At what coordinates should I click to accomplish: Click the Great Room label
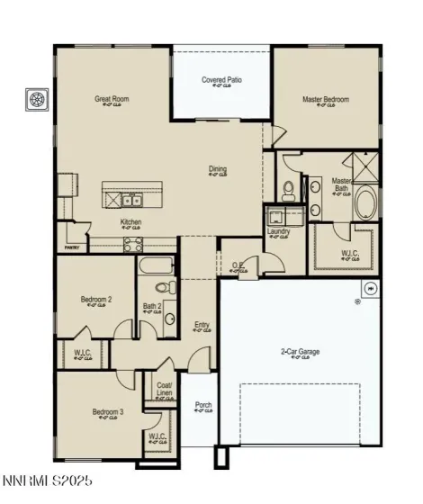[x=112, y=99]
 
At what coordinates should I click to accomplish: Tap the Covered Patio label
[x=221, y=80]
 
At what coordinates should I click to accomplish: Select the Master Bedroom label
[x=326, y=99]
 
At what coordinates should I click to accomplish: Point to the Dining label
[x=218, y=168]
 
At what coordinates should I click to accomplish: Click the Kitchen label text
[x=131, y=222]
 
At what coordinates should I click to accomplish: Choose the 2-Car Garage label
[x=301, y=352]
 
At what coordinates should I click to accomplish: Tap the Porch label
[x=204, y=406]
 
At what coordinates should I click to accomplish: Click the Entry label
[x=202, y=325]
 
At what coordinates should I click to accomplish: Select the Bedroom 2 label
[x=96, y=300]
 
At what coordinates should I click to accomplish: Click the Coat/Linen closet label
[x=164, y=391]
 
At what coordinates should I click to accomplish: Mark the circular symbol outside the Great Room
[x=38, y=100]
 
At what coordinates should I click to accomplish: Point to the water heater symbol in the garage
[x=370, y=288]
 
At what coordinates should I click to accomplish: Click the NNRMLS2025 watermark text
[x=47, y=482]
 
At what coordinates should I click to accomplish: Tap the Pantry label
[x=72, y=247]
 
